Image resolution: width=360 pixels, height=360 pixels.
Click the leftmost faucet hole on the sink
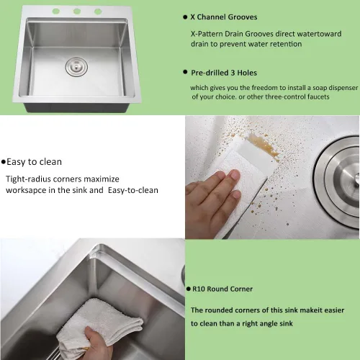56,11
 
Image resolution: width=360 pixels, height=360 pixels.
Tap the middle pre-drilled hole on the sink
77,11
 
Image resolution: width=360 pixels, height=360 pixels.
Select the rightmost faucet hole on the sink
98,12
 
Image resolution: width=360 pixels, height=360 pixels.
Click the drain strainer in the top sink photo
76,67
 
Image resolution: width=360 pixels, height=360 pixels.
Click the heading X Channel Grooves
224,17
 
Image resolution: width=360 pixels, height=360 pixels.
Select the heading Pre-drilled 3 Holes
224,73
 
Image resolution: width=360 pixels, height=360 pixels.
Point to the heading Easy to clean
34,162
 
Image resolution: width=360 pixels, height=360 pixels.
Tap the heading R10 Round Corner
222,289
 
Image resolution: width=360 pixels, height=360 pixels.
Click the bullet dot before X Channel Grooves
185,17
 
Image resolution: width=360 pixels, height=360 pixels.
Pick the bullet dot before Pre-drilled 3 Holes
185,72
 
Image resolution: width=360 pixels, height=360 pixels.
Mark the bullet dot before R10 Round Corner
189,289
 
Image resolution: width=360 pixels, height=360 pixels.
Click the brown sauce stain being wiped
264,145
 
